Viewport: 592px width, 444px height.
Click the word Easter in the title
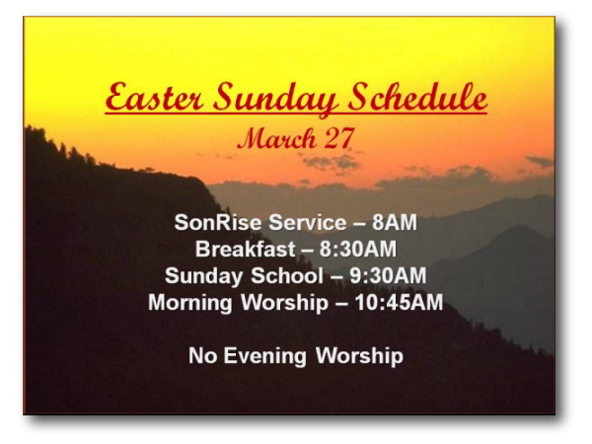point(154,97)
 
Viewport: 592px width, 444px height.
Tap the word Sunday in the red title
point(275,99)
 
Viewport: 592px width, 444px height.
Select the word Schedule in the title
point(416,97)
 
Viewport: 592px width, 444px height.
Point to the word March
point(277,138)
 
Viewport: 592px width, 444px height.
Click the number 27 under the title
point(339,138)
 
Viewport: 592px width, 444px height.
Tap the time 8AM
point(395,222)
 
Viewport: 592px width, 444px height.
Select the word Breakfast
point(245,249)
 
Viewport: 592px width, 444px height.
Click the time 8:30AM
point(358,249)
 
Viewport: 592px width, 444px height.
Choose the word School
point(287,275)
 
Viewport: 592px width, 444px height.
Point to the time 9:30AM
point(388,275)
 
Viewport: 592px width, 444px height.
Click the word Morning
point(189,303)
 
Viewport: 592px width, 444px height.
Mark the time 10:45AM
point(399,303)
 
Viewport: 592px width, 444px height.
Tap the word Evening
point(264,356)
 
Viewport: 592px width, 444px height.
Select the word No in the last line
point(202,355)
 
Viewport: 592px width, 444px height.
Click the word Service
point(307,222)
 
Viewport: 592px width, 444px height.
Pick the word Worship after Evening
point(359,356)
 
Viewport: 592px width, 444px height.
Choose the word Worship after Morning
point(284,303)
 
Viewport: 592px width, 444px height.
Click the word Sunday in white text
point(203,276)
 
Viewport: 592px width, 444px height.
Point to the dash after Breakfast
point(307,251)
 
